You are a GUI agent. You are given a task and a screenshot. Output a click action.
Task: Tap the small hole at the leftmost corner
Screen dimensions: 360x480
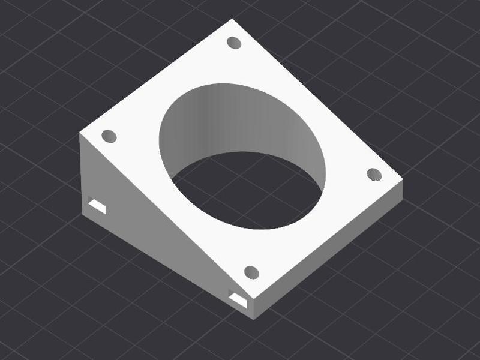click(109, 136)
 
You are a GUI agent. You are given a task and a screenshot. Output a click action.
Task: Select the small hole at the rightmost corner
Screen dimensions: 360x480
click(374, 174)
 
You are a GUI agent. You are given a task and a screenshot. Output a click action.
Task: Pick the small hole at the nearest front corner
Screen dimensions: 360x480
click(252, 272)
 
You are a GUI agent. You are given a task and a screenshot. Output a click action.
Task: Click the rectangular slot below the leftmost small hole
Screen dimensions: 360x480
click(97, 205)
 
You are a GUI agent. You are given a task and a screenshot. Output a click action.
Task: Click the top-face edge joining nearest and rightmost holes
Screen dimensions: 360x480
click(330, 240)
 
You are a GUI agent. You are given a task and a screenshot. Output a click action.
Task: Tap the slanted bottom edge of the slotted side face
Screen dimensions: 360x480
click(168, 265)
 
